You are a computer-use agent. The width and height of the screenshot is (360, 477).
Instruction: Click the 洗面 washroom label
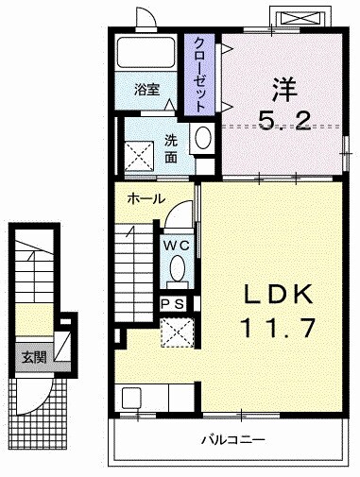coord(171,147)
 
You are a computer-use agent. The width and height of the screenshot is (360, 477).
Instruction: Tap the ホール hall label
coord(146,199)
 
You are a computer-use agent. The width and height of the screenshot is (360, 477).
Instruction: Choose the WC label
coord(177,244)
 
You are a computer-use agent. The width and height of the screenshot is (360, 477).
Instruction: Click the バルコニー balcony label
coord(232,440)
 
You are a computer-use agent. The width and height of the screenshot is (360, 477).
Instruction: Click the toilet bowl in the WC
coord(177,271)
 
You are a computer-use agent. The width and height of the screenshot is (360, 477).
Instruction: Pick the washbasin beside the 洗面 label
coord(201,139)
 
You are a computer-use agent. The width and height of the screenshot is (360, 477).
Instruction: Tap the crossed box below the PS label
coord(177,332)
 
